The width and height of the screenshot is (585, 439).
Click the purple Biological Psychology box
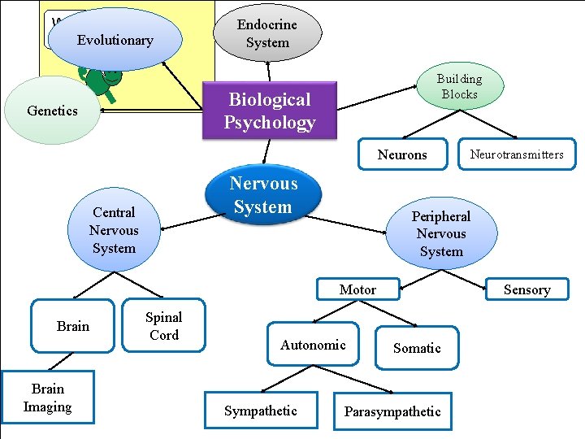[x=269, y=111]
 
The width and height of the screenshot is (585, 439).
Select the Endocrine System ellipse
[x=267, y=33]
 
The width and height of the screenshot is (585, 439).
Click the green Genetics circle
[x=52, y=111]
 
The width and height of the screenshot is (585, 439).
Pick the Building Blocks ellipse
[x=459, y=86]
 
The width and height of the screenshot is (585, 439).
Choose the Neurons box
[x=401, y=154]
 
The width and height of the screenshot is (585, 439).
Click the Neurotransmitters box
[x=516, y=154]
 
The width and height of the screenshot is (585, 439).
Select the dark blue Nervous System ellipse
[x=262, y=195]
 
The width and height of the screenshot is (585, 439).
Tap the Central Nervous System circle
[x=114, y=230]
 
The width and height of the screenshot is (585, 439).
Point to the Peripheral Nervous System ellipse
[x=441, y=233]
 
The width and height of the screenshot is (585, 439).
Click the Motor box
[x=357, y=289]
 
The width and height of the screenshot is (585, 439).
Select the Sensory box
[x=526, y=289]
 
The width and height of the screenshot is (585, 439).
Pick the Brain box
[x=73, y=326]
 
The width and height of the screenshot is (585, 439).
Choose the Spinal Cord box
[x=163, y=326]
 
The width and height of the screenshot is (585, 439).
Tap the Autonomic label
[x=313, y=345]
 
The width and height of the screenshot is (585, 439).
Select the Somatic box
[x=417, y=347]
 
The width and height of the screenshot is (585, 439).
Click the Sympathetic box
[x=260, y=411]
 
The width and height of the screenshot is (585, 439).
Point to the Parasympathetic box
[x=392, y=411]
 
